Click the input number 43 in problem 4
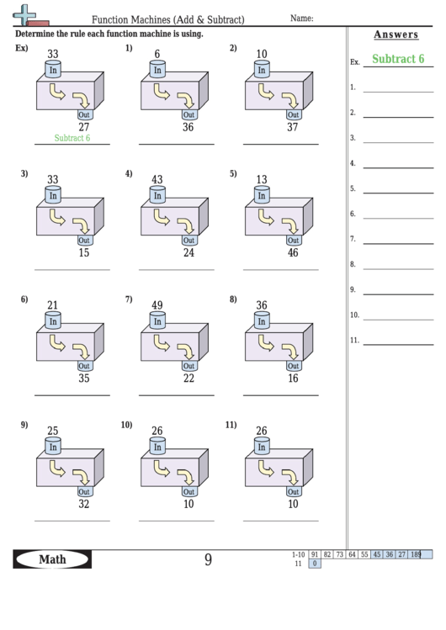click(x=157, y=179)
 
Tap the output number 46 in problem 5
click(x=292, y=252)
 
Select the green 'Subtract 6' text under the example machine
click(x=72, y=138)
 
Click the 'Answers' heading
click(x=395, y=34)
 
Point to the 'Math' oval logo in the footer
click(x=52, y=559)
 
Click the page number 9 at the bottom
click(x=208, y=559)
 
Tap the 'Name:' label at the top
click(x=302, y=18)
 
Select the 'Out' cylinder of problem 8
click(x=293, y=366)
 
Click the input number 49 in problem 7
click(x=157, y=305)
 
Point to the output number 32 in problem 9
click(x=83, y=505)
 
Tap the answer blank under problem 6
click(x=72, y=394)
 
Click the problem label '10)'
click(x=127, y=425)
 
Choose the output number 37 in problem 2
click(x=292, y=127)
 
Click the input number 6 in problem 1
click(x=157, y=55)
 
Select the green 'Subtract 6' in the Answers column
click(x=398, y=59)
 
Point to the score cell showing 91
click(x=314, y=554)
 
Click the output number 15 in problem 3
click(x=83, y=252)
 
